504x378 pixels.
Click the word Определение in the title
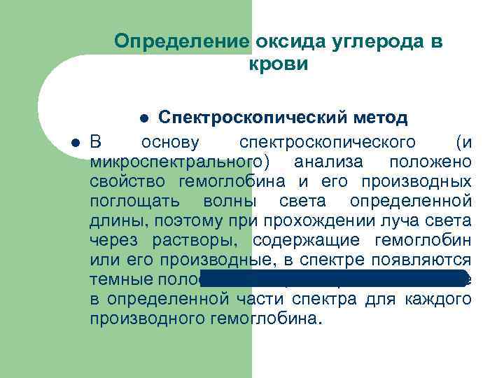pos(180,41)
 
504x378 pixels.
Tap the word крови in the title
pos(278,64)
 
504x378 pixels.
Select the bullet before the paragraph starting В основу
pos(75,143)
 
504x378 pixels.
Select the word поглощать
pos(132,202)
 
